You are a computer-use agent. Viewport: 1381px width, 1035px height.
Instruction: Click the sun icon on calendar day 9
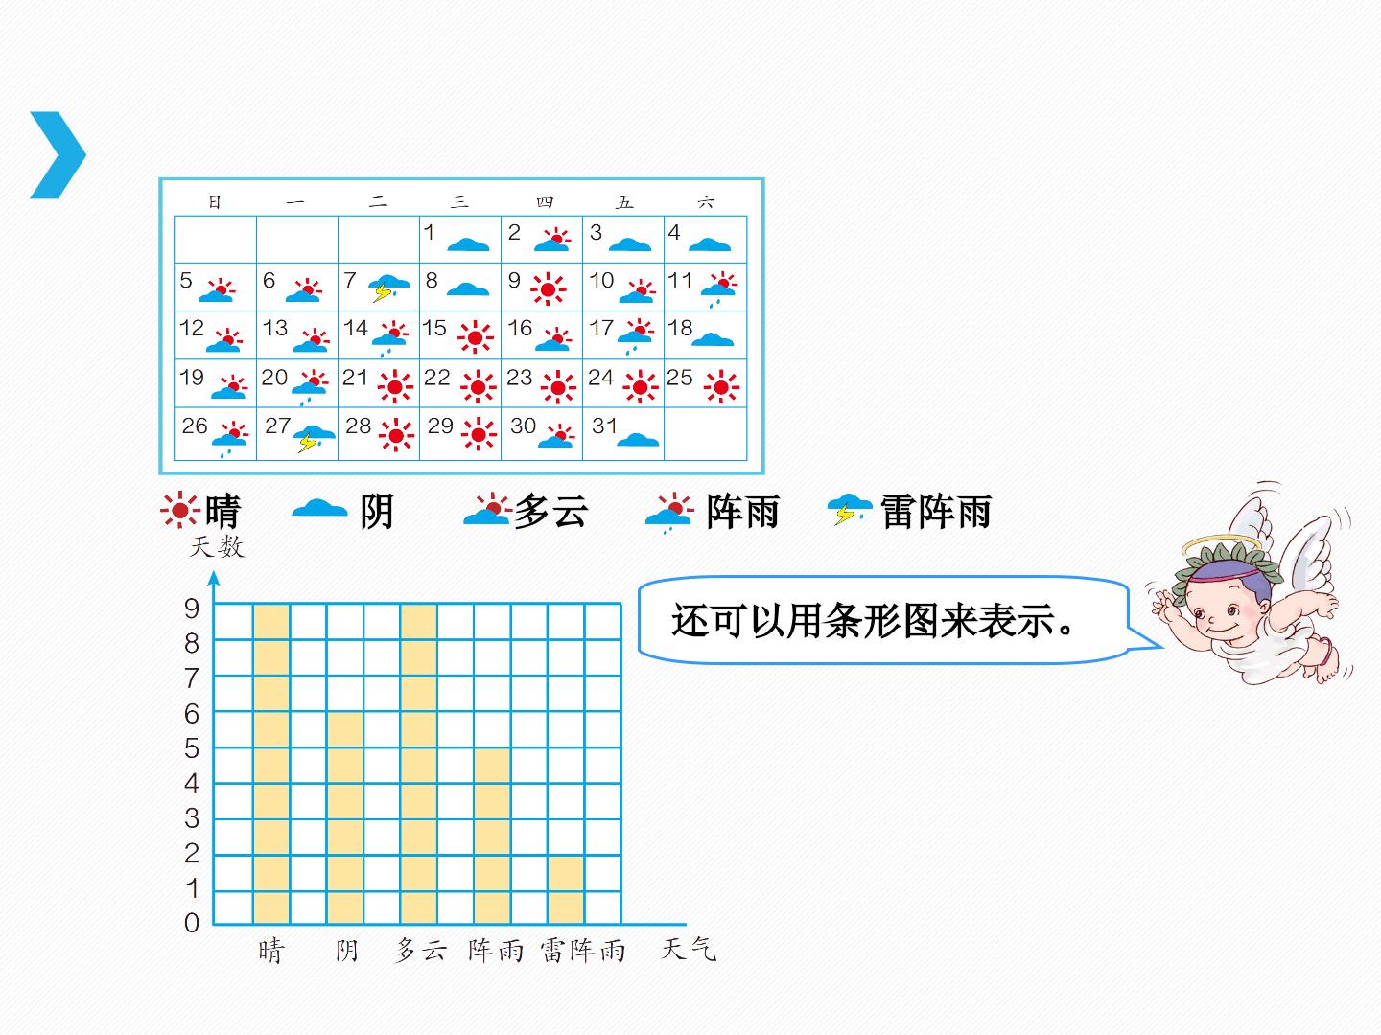click(x=548, y=289)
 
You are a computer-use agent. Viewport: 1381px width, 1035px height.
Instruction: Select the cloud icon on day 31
click(x=638, y=439)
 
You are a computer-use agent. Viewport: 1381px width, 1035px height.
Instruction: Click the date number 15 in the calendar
click(x=434, y=328)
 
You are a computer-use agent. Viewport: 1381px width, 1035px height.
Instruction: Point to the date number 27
click(x=277, y=425)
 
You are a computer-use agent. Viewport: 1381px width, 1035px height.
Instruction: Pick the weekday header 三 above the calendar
click(x=460, y=201)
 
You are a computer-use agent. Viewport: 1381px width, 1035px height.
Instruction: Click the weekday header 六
click(x=706, y=201)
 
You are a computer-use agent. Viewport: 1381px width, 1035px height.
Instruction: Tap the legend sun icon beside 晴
click(x=180, y=510)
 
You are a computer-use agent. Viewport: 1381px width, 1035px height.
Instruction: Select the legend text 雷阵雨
click(x=936, y=512)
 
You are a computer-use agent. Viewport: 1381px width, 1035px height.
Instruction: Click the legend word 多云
click(x=551, y=512)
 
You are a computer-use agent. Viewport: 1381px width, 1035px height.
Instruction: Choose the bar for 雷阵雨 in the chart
click(x=566, y=890)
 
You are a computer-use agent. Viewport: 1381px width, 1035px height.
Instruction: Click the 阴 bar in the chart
click(x=345, y=818)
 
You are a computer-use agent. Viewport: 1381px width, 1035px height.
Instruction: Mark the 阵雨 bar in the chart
click(x=492, y=836)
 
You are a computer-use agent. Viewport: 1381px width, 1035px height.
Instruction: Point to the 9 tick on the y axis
click(x=192, y=609)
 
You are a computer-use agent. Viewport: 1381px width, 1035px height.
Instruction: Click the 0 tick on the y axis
click(x=192, y=923)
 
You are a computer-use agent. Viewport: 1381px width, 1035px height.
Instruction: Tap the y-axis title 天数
click(x=217, y=546)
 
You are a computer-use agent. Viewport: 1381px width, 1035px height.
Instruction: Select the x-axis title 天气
click(x=689, y=949)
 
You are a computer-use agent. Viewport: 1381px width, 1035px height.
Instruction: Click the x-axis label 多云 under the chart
click(x=420, y=950)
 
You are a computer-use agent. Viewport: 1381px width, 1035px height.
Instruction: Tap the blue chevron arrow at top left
click(x=58, y=155)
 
